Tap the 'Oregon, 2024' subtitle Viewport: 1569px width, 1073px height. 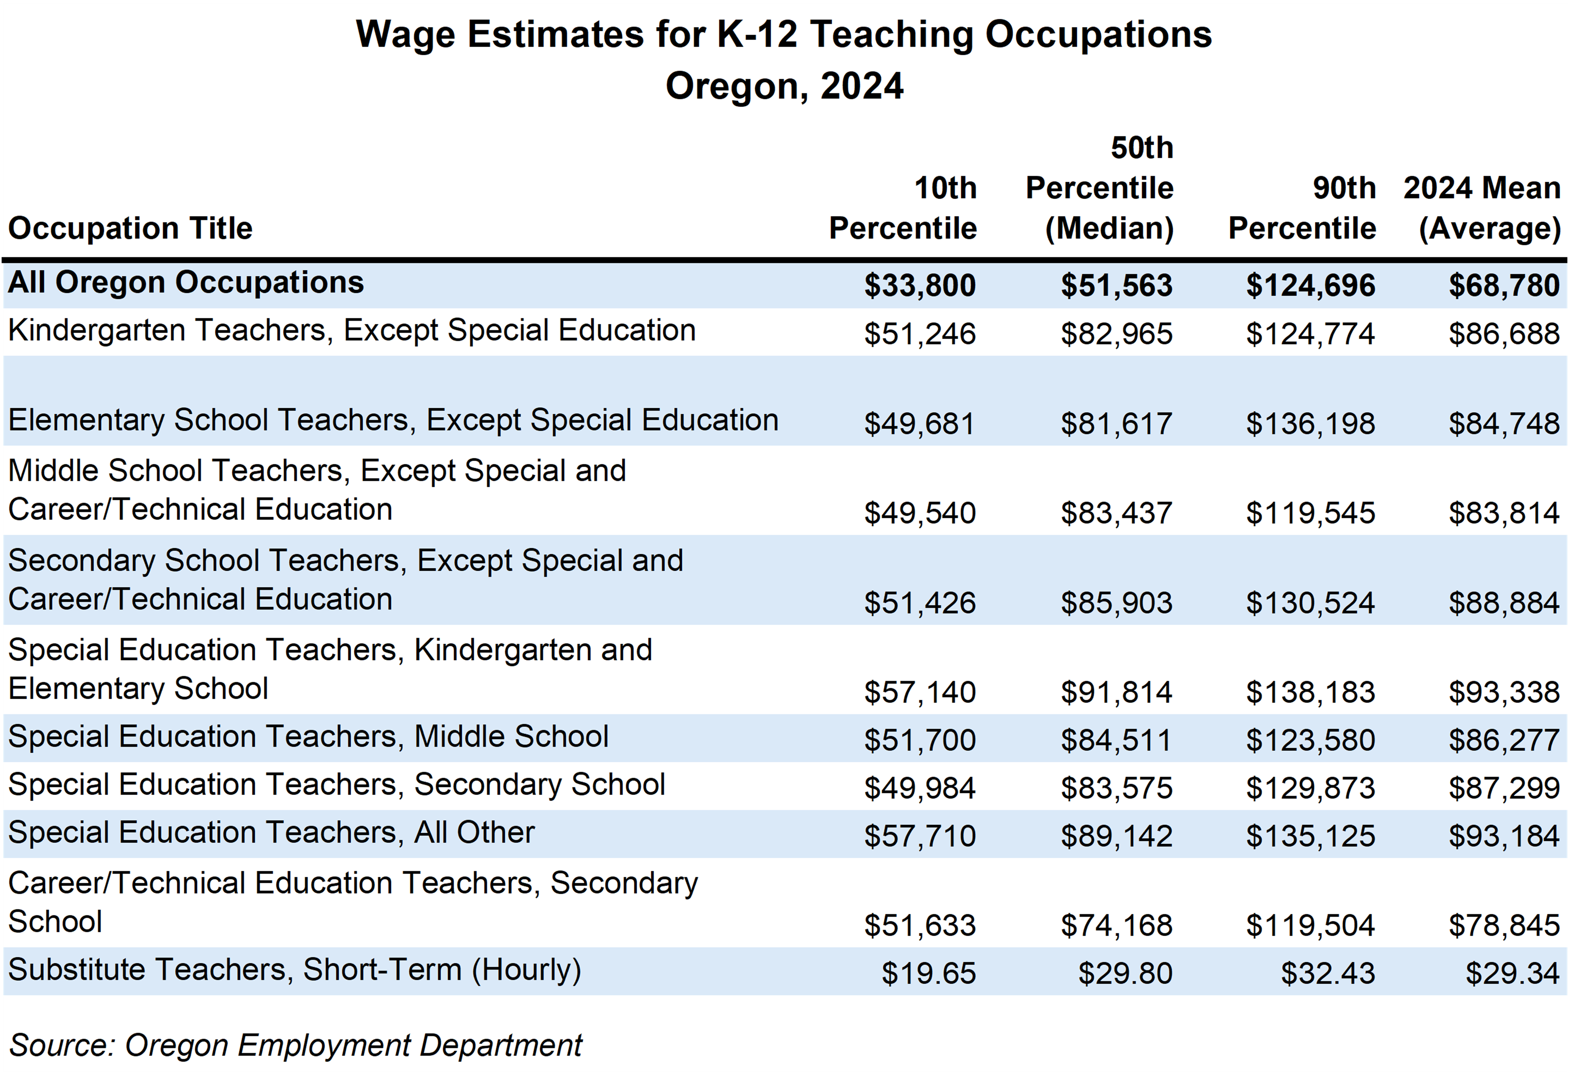coord(784,87)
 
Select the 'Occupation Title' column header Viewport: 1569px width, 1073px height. coord(130,228)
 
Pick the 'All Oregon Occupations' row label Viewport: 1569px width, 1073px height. coord(186,283)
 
